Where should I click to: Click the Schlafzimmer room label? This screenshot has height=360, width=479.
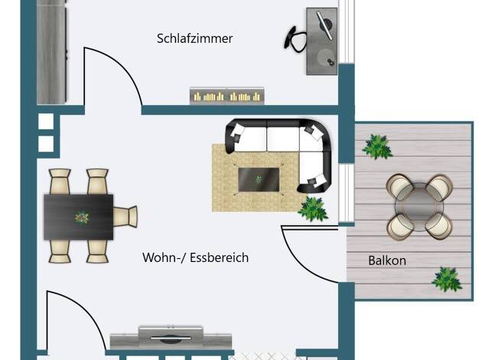[194, 38]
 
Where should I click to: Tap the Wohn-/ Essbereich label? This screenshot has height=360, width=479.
[196, 257]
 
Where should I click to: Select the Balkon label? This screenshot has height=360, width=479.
[387, 260]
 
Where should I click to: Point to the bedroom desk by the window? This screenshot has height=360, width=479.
[321, 41]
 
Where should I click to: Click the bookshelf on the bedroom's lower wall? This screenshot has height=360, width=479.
[227, 96]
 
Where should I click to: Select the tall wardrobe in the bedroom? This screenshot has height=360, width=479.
[51, 52]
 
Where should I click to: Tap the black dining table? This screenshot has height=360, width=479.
[79, 217]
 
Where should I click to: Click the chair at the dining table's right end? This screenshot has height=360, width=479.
[125, 216]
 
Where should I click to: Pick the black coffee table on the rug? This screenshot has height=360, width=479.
[259, 179]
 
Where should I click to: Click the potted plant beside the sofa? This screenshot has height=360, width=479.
[313, 209]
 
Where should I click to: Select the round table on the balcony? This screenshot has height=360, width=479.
[419, 207]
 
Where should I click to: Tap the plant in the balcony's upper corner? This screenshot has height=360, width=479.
[377, 147]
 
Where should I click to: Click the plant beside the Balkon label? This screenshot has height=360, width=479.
[447, 280]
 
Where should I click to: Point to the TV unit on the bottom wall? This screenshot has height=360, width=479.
[171, 338]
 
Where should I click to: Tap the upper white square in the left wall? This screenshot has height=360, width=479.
[46, 122]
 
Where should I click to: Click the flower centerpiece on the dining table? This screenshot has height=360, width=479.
[82, 218]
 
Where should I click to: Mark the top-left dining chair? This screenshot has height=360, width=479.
[60, 182]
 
